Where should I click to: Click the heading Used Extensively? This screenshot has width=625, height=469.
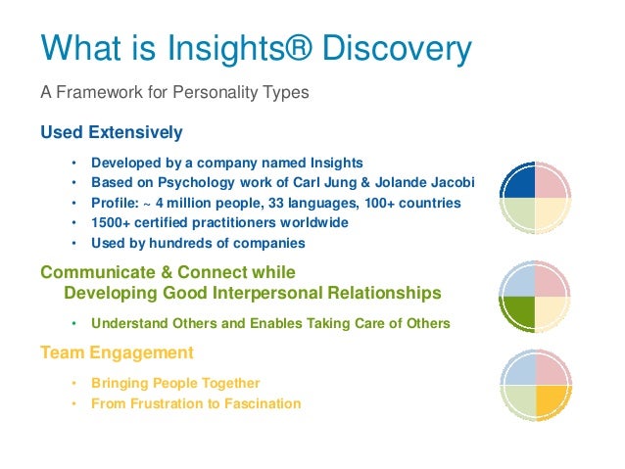pos(111,131)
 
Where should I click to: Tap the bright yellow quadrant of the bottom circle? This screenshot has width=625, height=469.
pos(552,399)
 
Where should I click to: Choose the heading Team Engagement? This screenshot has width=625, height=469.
pos(117,352)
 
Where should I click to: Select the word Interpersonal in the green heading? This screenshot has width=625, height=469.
pos(278,292)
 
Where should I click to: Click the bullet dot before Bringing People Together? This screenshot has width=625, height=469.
pos(73,383)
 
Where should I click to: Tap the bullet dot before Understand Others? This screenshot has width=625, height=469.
pos(73,323)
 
